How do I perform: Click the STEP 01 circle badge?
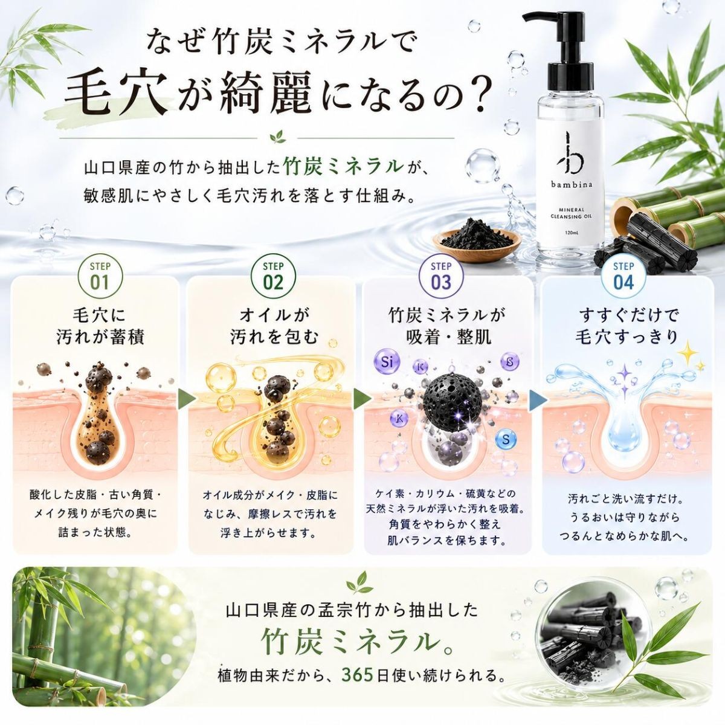(100, 277)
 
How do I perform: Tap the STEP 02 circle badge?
(273, 277)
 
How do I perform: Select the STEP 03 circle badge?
(441, 277)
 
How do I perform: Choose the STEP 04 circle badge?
(623, 277)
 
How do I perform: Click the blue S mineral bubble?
(506, 439)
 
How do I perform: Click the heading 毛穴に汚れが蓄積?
(100, 326)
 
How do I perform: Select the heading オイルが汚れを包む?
(274, 326)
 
